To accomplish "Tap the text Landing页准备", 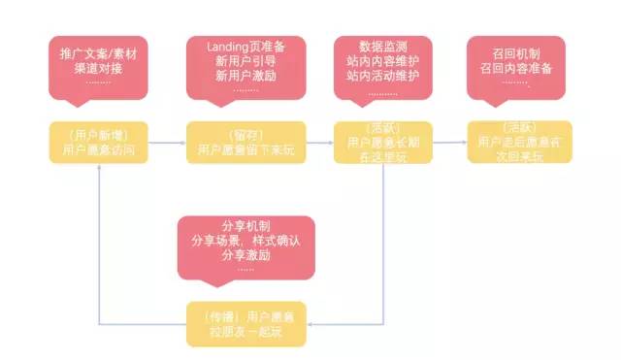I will (245, 46).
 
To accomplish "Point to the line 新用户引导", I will (245, 61).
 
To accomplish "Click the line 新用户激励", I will (245, 77).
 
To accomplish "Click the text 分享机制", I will (245, 224).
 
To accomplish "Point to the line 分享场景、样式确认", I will (245, 240).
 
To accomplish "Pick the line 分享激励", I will (245, 255).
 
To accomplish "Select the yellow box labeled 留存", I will (245, 142).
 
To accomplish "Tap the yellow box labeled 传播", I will (245, 324).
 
